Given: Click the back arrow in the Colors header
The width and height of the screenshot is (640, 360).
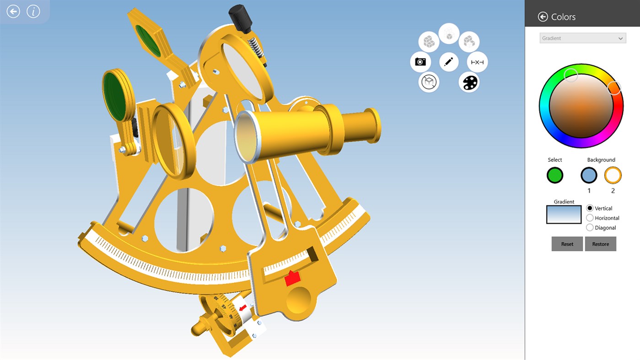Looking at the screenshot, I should tap(543, 17).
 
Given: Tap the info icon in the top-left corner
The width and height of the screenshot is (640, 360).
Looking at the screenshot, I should tap(33, 11).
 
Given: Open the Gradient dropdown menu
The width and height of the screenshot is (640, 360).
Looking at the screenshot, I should tap(582, 38).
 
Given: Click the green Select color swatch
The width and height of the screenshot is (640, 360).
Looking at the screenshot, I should tap(555, 175).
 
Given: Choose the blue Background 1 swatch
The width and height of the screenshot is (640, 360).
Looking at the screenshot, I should tap(589, 175).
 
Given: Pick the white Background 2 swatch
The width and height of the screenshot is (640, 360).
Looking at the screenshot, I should tap(613, 175).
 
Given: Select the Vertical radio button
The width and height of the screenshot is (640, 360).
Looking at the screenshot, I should tap(590, 208).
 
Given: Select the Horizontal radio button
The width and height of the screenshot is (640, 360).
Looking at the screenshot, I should tap(590, 218).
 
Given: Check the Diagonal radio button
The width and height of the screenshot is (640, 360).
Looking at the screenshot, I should tap(590, 227).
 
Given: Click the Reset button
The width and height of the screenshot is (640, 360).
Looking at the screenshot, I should tap(567, 244).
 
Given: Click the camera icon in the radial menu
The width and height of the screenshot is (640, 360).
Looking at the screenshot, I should tap(420, 62).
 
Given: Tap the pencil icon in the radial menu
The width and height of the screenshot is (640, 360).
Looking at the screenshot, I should tap(449, 62).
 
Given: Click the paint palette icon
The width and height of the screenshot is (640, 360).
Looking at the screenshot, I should tap(469, 82).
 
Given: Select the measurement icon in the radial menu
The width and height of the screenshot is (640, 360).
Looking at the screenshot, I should tap(477, 62).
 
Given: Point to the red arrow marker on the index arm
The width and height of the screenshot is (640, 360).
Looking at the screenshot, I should tap(292, 278).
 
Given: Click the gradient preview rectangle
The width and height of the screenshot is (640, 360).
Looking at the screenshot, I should tap(564, 215).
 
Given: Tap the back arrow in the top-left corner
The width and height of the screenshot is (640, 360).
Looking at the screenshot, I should tap(13, 11).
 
